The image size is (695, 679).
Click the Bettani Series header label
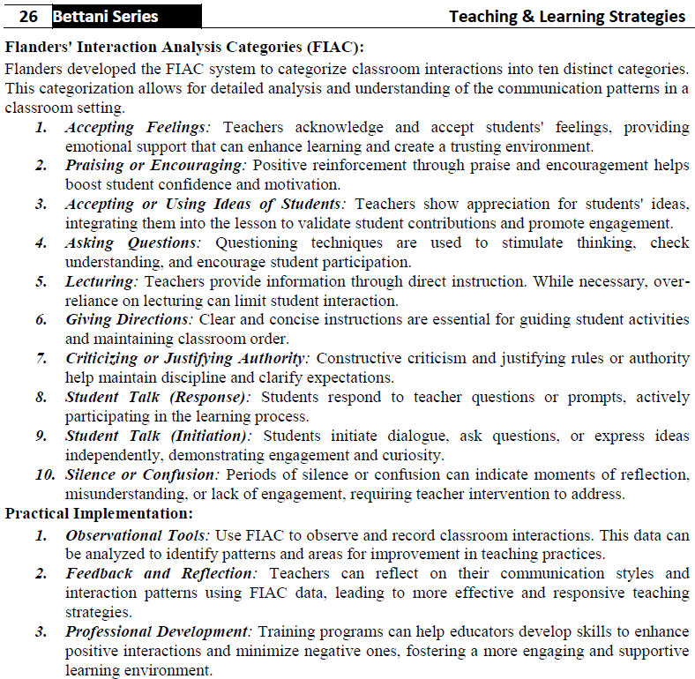point(106,16)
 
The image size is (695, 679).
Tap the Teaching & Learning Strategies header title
point(566,16)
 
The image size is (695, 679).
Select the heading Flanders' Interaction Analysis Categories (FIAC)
point(184,48)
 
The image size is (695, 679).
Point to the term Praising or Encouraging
point(141,166)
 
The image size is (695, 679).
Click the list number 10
point(44,474)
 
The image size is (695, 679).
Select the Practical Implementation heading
point(99,513)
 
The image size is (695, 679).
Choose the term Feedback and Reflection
point(161,573)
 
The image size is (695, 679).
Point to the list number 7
point(41,358)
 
